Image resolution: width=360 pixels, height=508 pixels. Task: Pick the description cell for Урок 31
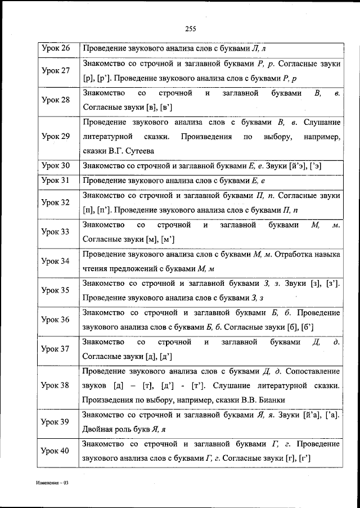[x=211, y=181]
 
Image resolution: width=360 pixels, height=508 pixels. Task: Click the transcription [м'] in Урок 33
[x=169, y=239]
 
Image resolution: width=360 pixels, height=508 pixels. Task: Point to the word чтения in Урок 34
[x=96, y=268]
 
